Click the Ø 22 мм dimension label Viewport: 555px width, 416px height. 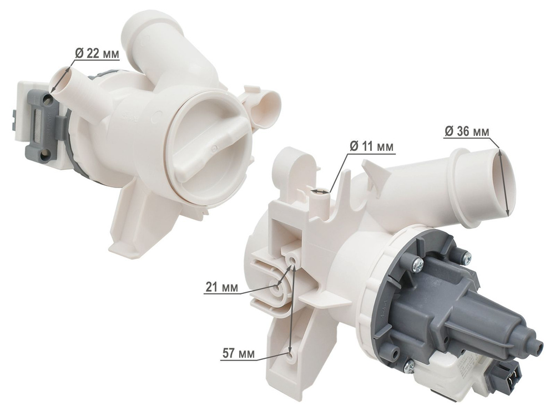click(x=97, y=53)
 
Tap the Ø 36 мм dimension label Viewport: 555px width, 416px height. click(x=467, y=131)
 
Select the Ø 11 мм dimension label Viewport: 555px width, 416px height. click(x=371, y=146)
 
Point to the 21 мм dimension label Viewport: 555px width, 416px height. click(x=221, y=287)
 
